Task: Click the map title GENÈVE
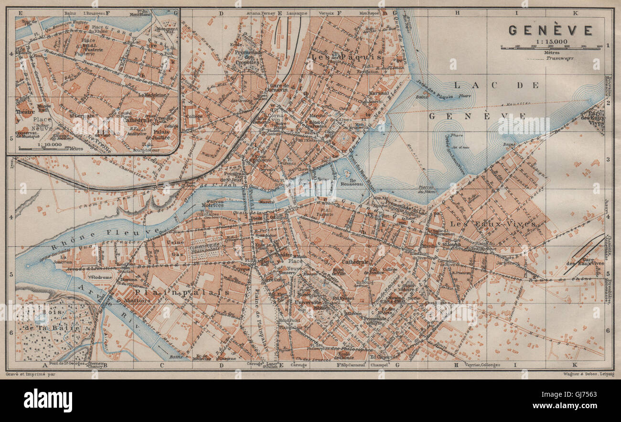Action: click(x=550, y=31)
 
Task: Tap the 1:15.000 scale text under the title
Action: click(x=550, y=42)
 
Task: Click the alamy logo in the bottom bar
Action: click(x=48, y=400)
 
